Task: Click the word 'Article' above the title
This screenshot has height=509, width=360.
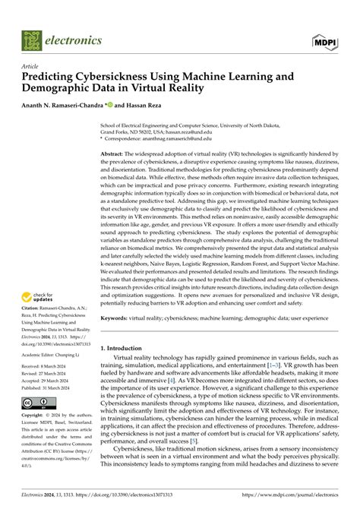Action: click(31, 66)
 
